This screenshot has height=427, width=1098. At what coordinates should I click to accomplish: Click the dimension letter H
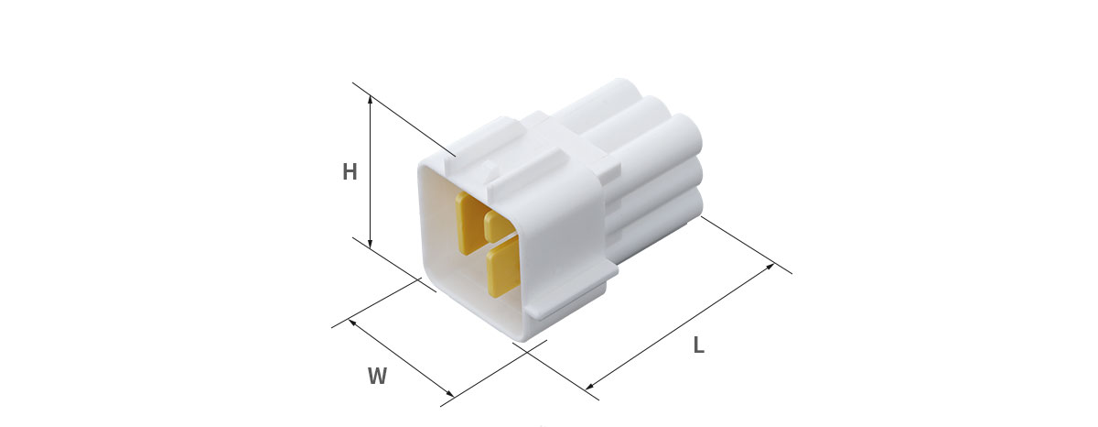pos(350,171)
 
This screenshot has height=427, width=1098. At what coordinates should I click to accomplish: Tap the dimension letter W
pos(377,376)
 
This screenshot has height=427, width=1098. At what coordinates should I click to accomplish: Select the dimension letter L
pos(699,345)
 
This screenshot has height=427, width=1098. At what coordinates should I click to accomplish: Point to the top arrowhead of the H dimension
pos(370,100)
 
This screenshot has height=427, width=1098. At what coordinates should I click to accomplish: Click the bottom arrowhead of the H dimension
pos(370,243)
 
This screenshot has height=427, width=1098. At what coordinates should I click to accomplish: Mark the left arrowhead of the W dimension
pos(352,323)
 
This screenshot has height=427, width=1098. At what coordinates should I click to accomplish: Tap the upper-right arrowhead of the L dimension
pos(770,267)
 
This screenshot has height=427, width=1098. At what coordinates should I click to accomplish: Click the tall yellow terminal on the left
pos(469,222)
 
